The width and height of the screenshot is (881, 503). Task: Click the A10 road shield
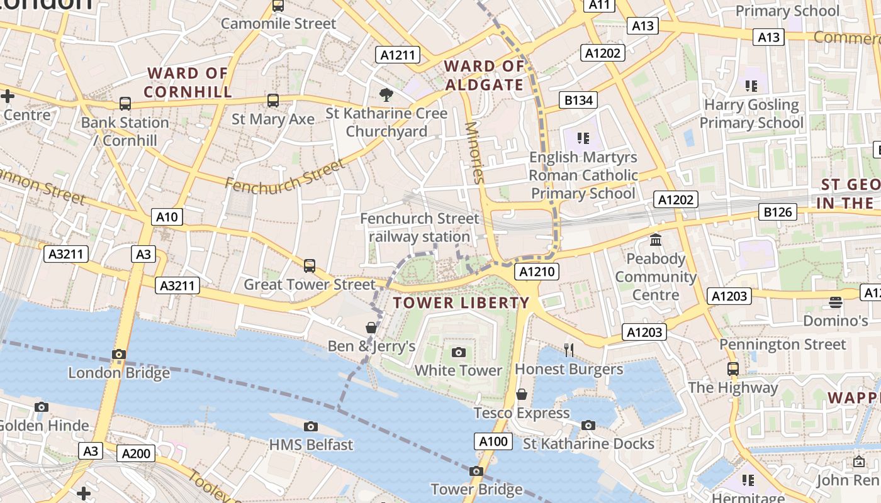[x=167, y=218]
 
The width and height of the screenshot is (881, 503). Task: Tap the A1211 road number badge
[x=398, y=55]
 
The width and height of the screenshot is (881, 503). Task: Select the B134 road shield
[x=578, y=100]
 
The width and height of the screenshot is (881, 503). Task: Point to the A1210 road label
[x=536, y=272]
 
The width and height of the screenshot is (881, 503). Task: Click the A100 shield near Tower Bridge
[x=493, y=441]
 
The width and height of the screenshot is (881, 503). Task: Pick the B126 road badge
[x=777, y=213]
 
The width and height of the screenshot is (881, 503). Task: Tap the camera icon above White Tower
[x=459, y=352]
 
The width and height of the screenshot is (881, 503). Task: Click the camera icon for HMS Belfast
[x=310, y=427]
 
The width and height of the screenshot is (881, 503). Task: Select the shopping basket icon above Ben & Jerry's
[x=371, y=328]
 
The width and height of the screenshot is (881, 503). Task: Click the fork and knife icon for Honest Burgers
[x=569, y=350]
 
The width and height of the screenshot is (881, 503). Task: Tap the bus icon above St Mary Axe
[x=272, y=101]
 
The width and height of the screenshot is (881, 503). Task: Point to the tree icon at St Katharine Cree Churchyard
[x=386, y=95]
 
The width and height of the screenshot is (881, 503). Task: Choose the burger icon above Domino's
[x=835, y=302]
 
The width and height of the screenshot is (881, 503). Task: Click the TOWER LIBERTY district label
[x=461, y=303]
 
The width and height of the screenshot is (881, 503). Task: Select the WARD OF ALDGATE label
[x=484, y=75]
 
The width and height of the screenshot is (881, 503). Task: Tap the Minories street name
[x=475, y=152]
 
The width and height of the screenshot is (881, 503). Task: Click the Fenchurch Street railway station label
[x=419, y=228]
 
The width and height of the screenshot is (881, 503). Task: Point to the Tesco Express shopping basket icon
[x=521, y=394]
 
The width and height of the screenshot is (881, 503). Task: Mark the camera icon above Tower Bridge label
[x=476, y=471]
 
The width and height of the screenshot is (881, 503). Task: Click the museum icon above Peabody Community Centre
[x=656, y=240]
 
